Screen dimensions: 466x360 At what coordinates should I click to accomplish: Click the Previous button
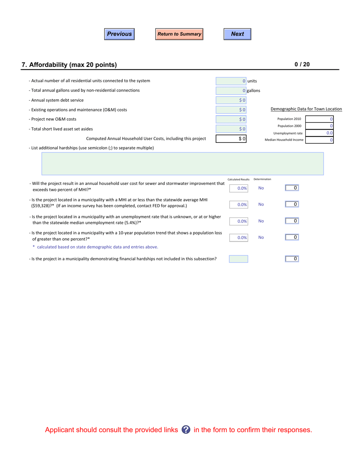[x=119, y=34]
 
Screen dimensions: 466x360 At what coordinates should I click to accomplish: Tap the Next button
[x=237, y=34]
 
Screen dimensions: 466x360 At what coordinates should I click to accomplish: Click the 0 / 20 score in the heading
[x=302, y=64]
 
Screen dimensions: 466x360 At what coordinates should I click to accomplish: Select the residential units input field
[x=231, y=81]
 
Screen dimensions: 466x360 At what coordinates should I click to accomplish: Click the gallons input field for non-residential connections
[x=231, y=91]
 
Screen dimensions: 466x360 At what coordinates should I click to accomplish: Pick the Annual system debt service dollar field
[x=231, y=100]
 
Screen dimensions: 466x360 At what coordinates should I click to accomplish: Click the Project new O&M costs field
[x=231, y=119]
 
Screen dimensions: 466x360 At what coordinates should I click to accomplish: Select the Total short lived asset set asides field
[x=231, y=129]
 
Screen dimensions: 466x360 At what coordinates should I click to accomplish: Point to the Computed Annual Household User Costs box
[x=231, y=139]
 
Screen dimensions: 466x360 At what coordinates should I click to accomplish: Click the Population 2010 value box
[x=319, y=119]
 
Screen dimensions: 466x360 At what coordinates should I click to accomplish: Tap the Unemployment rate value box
[x=319, y=133]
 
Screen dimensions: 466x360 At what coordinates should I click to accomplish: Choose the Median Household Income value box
[x=319, y=140]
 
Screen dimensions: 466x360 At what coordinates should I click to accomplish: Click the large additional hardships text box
[x=182, y=164]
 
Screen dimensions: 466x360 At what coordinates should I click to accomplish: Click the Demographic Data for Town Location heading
[x=306, y=109]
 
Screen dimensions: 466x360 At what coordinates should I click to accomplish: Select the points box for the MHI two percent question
[x=292, y=188]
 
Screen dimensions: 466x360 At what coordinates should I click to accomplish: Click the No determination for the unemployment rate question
[x=261, y=221]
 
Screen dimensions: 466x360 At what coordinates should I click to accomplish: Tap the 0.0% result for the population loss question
[x=239, y=238]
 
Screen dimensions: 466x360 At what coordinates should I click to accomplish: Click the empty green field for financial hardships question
[x=238, y=259]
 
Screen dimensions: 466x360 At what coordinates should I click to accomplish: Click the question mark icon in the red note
[x=186, y=430]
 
